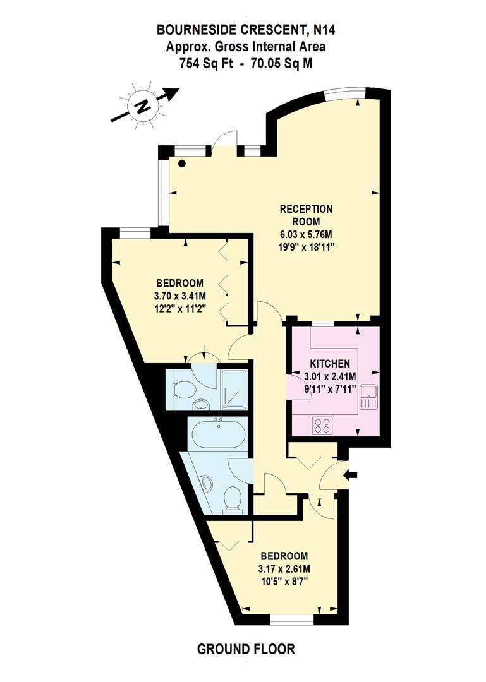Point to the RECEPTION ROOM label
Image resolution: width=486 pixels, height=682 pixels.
(306, 215)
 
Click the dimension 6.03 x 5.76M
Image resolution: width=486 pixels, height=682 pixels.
(307, 234)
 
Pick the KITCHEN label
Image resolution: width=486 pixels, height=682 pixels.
(329, 364)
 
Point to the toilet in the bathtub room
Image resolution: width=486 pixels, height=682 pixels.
(234, 500)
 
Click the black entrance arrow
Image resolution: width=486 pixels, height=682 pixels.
(351, 475)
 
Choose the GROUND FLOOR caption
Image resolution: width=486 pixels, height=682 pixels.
(246, 649)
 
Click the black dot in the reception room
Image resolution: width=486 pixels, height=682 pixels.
(182, 164)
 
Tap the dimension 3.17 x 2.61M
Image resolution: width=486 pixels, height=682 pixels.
(284, 568)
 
